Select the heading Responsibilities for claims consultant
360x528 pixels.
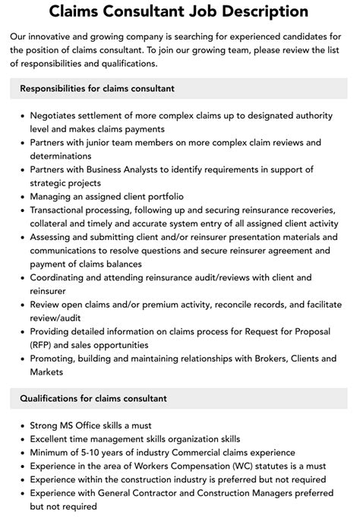[96, 88]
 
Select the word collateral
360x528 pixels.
[54, 223]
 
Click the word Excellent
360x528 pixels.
[54, 439]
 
